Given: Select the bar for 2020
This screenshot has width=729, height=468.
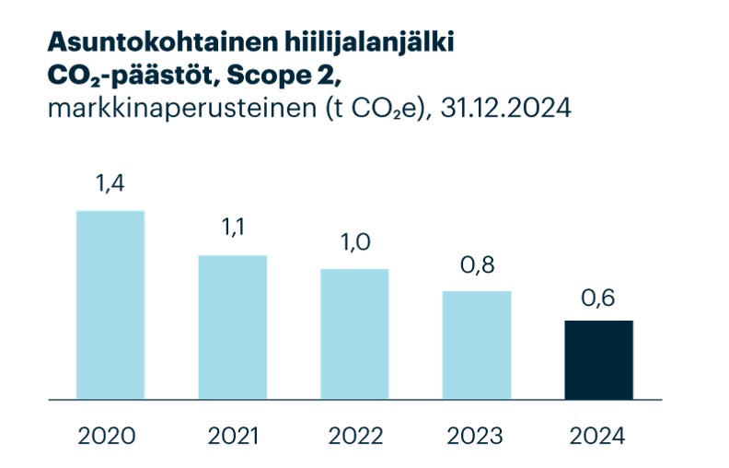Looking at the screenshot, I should click(x=110, y=305).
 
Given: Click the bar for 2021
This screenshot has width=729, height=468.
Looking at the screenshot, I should click(x=233, y=327).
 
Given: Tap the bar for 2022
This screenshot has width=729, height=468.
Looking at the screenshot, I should click(x=354, y=333).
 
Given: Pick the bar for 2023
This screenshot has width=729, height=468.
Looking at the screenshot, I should click(x=477, y=345).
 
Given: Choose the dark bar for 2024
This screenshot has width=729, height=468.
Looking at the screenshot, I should click(x=598, y=359).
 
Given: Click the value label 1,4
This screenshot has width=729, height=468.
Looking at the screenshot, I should click(x=110, y=183).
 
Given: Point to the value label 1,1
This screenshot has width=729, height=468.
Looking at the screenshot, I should click(x=233, y=228).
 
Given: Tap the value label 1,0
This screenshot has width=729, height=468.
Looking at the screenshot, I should click(x=354, y=242).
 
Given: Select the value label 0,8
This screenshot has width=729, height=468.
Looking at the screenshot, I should click(x=477, y=264).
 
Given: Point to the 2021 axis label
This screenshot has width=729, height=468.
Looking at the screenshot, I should click(x=233, y=435).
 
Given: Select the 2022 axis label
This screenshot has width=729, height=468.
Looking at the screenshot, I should click(x=354, y=435).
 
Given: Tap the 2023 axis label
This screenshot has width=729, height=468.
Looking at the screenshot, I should click(x=477, y=435).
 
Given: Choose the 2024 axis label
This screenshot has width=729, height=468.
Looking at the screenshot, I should click(x=598, y=435).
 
